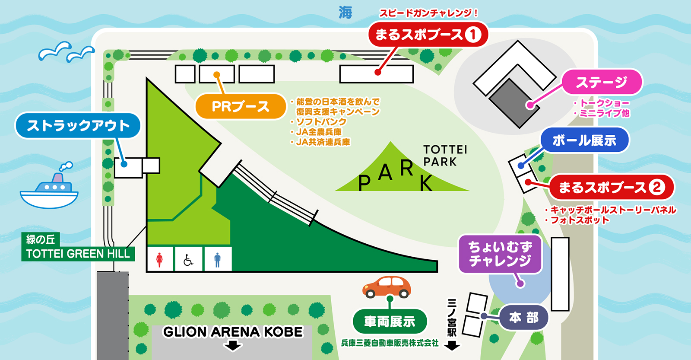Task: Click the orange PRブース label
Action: click(x=241, y=106)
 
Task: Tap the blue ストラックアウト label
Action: click(x=78, y=126)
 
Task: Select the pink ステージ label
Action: click(x=602, y=82)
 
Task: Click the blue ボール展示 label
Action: click(x=584, y=140)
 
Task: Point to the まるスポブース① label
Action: click(x=428, y=35)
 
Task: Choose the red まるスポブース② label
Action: click(x=611, y=188)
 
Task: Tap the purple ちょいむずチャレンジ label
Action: click(x=500, y=254)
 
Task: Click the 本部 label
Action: click(x=524, y=318)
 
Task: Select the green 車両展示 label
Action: click(x=390, y=322)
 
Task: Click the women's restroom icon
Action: click(x=160, y=259)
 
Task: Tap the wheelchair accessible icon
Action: click(x=188, y=259)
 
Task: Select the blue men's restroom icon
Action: click(x=217, y=259)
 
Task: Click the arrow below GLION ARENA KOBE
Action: click(x=233, y=345)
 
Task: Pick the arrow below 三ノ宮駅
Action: click(x=452, y=346)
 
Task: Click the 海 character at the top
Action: click(x=345, y=13)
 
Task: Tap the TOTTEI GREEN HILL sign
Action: click(x=78, y=253)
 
